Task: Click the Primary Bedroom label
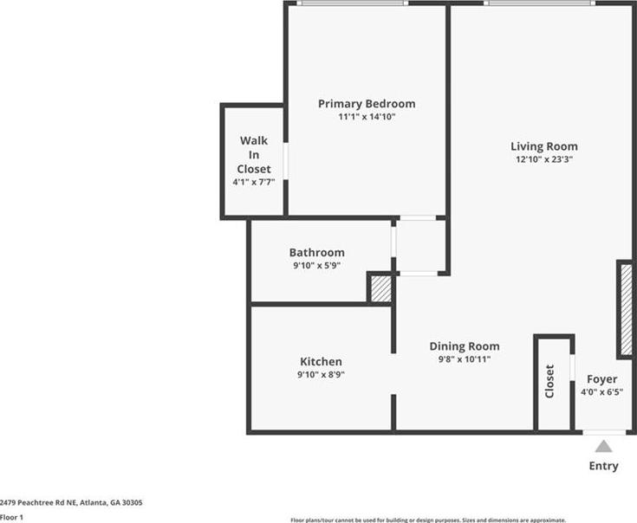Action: (367, 104)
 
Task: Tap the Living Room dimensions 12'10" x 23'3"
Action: (544, 159)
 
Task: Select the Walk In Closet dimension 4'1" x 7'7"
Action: (254, 182)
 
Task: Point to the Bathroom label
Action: (317, 252)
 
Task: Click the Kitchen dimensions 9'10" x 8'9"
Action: (321, 374)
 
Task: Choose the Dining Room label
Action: (465, 346)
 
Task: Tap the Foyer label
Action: (602, 379)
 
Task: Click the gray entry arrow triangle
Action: (604, 446)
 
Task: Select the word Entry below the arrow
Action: (604, 466)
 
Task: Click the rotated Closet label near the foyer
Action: (549, 381)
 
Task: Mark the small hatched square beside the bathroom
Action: (381, 288)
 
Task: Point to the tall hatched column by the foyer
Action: (626, 310)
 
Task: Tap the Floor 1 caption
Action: (11, 517)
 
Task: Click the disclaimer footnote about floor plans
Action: (428, 520)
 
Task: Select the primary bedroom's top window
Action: (352, 3)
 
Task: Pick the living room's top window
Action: (539, 3)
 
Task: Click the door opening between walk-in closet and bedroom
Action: (286, 161)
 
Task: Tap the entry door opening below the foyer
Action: (604, 433)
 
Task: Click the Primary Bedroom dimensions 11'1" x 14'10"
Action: (367, 117)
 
